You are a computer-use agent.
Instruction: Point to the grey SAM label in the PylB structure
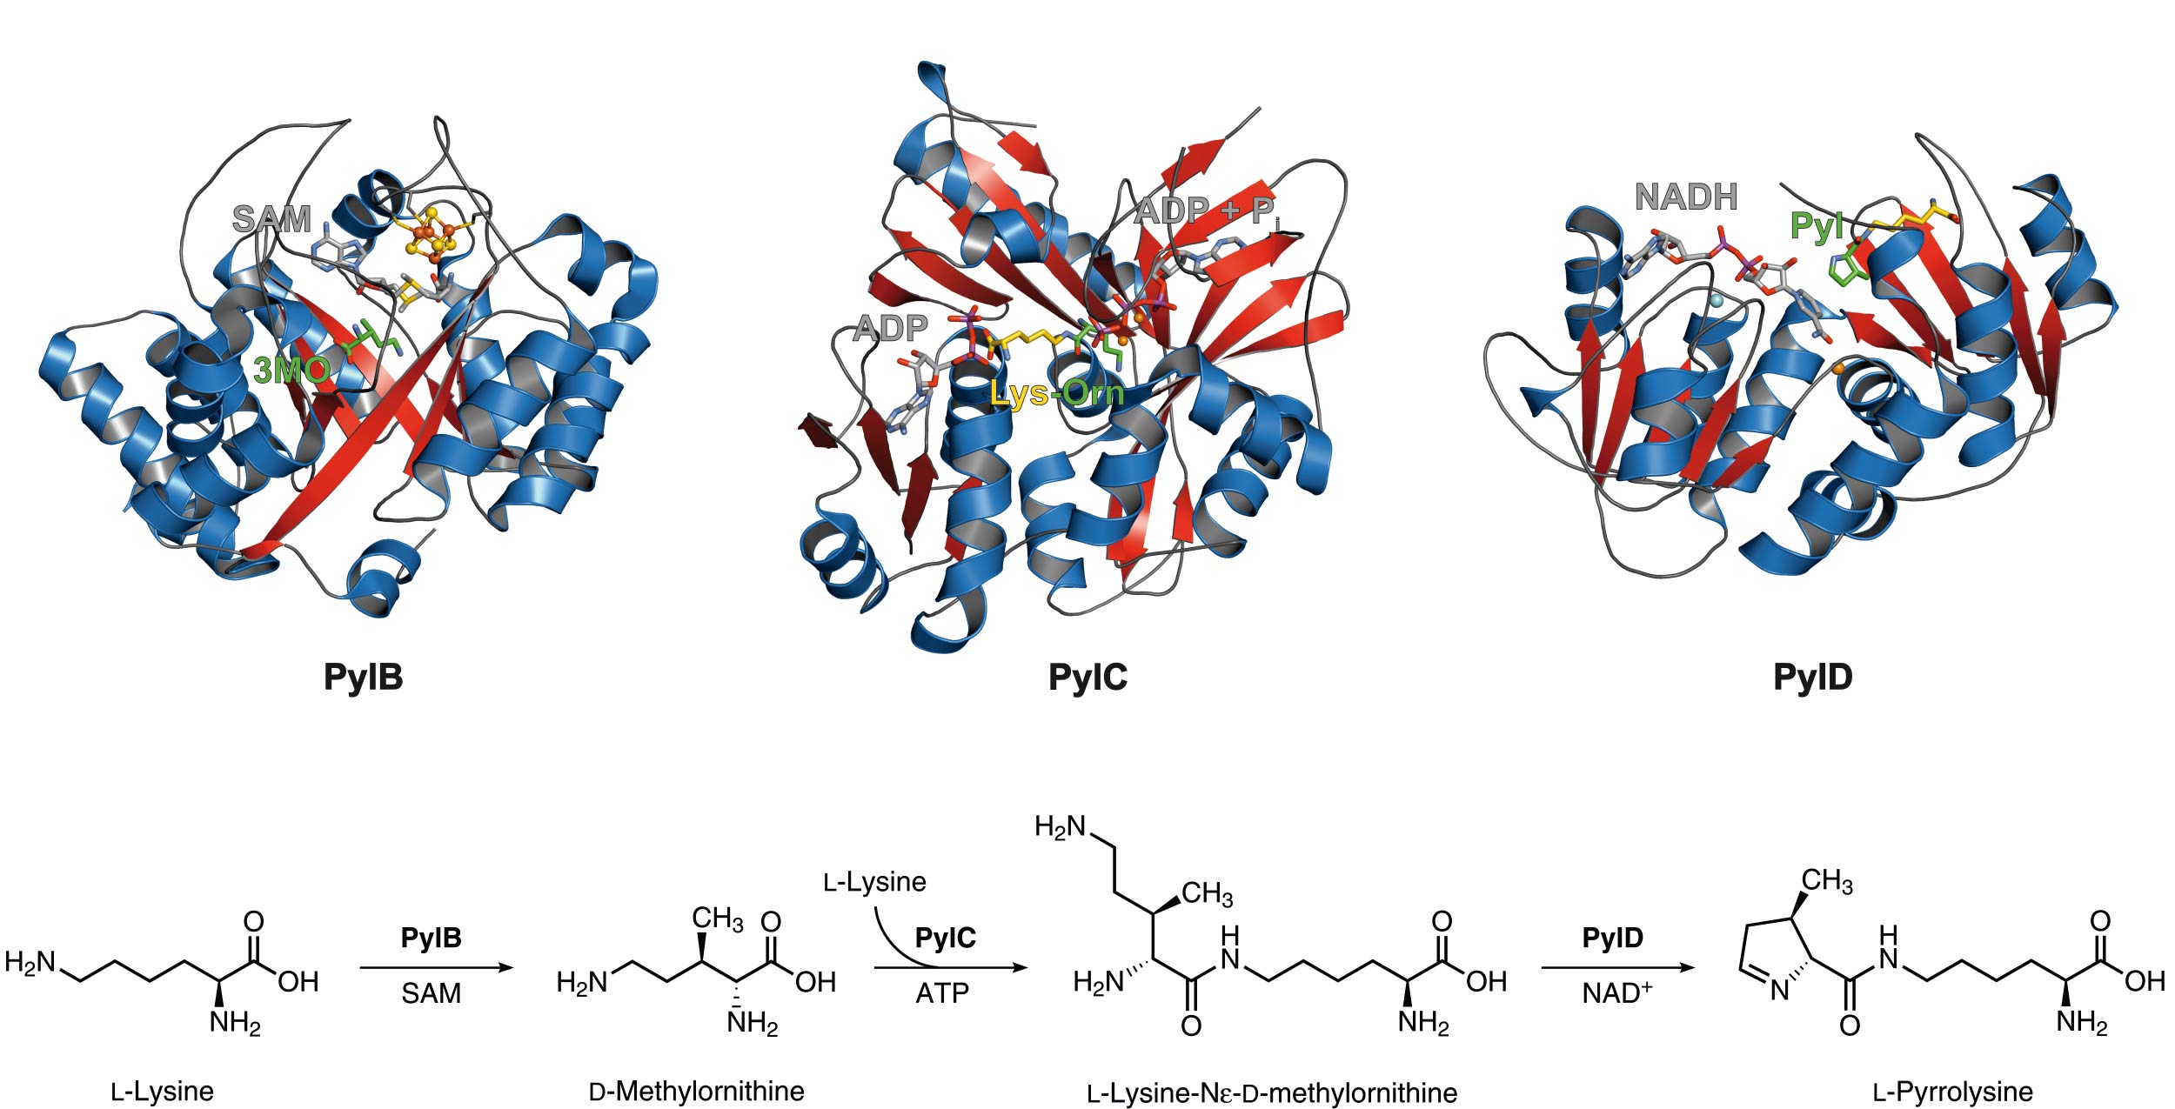pos(271,219)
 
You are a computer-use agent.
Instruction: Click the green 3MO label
pos(291,371)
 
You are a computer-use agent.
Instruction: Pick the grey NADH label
pos(1686,197)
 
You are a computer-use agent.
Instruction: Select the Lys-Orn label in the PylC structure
pos(1056,394)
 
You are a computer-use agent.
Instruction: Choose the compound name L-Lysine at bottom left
pos(163,1092)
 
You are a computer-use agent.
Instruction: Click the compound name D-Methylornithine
pos(697,1091)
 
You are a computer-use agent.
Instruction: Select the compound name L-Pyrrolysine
pos(1953,1092)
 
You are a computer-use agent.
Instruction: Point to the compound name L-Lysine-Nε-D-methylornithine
pos(1272,1092)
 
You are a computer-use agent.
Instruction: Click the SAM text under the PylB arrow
pos(431,993)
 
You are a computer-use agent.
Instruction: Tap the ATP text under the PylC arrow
pos(942,993)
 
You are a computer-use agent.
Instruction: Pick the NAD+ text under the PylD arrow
pos(1616,992)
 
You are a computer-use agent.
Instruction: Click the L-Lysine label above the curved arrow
pos(874,882)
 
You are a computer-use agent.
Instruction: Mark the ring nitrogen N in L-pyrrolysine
pos(1780,991)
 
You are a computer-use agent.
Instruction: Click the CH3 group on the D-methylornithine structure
pos(718,919)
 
